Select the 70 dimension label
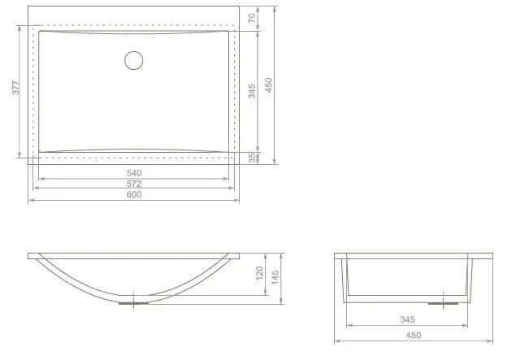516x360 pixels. (253, 18)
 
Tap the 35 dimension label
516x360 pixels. (252, 158)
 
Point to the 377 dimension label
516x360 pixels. (15, 88)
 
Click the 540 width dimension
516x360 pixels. (134, 173)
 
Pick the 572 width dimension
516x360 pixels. (134, 184)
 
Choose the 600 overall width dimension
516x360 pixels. (134, 194)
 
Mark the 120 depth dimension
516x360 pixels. (259, 273)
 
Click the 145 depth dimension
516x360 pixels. (275, 277)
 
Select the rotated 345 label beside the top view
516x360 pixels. (252, 91)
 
